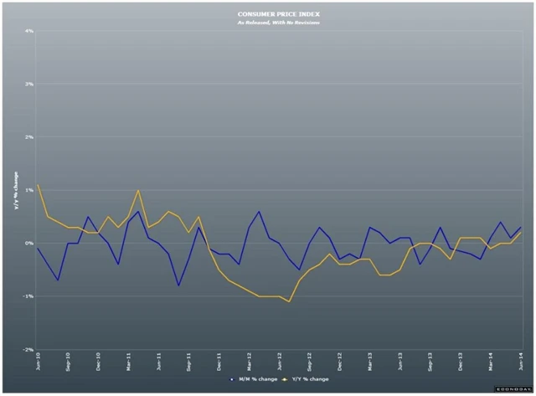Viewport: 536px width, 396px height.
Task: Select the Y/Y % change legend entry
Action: coord(307,378)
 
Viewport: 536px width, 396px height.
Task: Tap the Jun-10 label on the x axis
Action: coord(39,361)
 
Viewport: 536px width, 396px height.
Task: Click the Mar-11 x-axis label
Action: coord(129,362)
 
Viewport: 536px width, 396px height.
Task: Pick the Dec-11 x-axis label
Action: coord(219,362)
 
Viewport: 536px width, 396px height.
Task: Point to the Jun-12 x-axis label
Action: coord(281,362)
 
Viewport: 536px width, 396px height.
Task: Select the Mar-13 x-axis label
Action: coord(371,362)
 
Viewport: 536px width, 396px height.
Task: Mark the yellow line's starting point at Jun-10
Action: coord(39,185)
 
